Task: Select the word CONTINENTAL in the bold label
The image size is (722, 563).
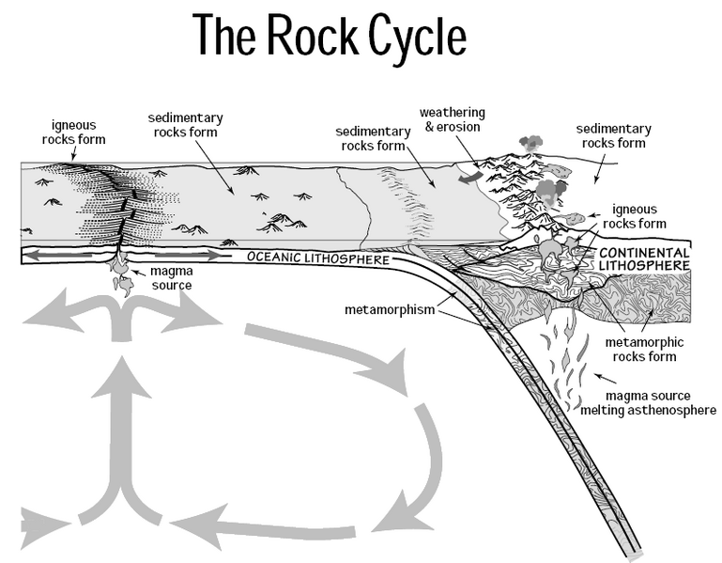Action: click(644, 254)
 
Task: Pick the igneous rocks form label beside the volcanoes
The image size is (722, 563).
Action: click(638, 216)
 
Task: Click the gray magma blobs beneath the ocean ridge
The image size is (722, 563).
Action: click(121, 276)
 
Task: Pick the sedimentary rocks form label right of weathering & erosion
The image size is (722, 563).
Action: click(614, 135)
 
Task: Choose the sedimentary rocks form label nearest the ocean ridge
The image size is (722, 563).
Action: click(183, 125)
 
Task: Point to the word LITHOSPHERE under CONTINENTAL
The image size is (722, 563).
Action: click(644, 267)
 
